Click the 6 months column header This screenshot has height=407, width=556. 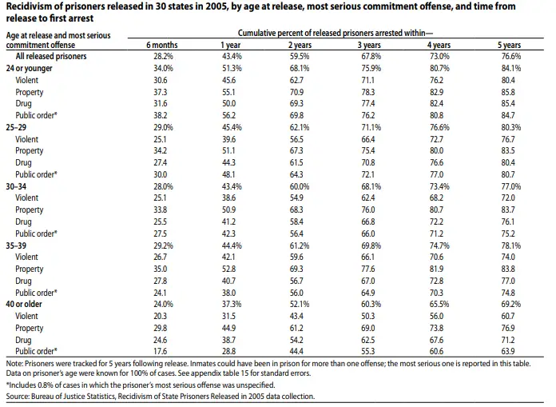click(x=162, y=45)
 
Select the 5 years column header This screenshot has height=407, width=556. click(x=509, y=45)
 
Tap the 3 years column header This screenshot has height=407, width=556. click(x=369, y=45)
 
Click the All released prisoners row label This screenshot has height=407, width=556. click(x=51, y=56)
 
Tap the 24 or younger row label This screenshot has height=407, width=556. click(x=29, y=68)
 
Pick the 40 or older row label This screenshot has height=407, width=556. click(x=24, y=304)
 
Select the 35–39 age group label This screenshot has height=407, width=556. click(x=16, y=245)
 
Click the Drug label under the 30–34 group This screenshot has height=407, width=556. click(x=23, y=221)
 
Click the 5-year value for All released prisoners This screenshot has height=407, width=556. click(x=511, y=56)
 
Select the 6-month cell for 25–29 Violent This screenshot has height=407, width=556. click(x=160, y=139)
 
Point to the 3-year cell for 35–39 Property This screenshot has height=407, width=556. click(x=368, y=269)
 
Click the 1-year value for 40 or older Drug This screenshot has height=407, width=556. click(x=228, y=340)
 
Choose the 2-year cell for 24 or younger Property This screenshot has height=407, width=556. click(x=296, y=92)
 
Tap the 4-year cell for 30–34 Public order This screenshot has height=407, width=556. click(x=436, y=233)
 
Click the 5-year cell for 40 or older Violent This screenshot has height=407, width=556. click(x=508, y=316)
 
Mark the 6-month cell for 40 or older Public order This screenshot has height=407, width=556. click(x=160, y=351)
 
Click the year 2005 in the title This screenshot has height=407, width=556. click(x=216, y=6)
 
